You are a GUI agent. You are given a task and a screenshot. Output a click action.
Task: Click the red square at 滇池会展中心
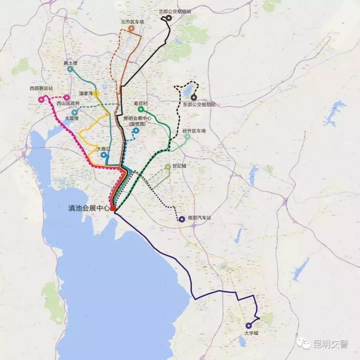coord(113,208)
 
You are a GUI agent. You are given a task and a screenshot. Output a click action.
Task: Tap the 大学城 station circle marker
coord(248,326)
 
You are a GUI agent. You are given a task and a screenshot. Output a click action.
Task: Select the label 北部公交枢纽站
coord(175,11)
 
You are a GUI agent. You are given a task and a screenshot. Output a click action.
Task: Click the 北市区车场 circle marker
coord(132,29)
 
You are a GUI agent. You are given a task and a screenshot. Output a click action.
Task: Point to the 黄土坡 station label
coord(70,63)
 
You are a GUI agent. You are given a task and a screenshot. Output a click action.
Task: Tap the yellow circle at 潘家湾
coord(96,93)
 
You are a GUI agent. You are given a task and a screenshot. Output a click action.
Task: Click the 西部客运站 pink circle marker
coord(41,99)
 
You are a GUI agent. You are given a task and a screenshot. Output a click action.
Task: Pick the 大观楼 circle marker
coord(75,112)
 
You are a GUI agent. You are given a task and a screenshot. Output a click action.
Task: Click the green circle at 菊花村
coord(141,109)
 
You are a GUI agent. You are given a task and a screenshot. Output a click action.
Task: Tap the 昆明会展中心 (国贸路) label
coord(137,121)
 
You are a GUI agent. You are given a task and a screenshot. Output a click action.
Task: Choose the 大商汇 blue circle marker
coord(104,155)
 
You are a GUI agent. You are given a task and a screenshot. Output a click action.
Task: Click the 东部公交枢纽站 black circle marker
coord(194,98)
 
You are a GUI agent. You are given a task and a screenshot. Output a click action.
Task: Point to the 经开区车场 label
coord(194,131)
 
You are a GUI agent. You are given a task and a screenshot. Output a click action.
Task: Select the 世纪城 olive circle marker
coord(168,166)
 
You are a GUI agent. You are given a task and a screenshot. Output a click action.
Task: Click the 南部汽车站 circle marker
coord(182,219)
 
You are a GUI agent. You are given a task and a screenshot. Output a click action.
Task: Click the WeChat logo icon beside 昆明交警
coord(304,343)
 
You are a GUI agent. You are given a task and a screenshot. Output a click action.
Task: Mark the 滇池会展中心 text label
coord(88,209)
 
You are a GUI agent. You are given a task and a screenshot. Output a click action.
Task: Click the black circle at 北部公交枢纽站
coord(169,18)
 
